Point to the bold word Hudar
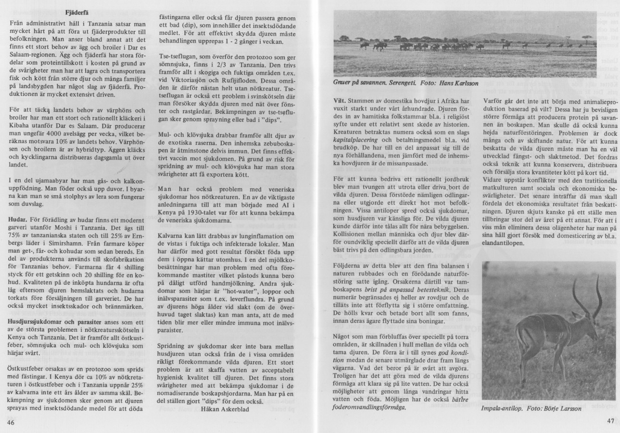[17, 219]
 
